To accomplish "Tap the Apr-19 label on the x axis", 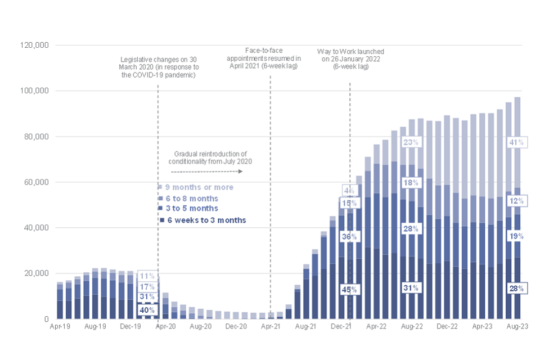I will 60,326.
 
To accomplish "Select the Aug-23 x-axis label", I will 517,326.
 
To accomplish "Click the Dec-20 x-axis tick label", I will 236,326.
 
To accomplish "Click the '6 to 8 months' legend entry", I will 191,199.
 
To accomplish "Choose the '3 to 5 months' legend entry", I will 191,209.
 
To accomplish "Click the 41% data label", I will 516,142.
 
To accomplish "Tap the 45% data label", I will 349,289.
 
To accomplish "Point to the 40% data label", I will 146,309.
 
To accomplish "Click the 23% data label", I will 409,142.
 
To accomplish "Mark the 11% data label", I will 146,276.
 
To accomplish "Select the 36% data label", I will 349,237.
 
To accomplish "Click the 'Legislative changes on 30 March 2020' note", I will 158,67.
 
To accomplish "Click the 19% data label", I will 516,236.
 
